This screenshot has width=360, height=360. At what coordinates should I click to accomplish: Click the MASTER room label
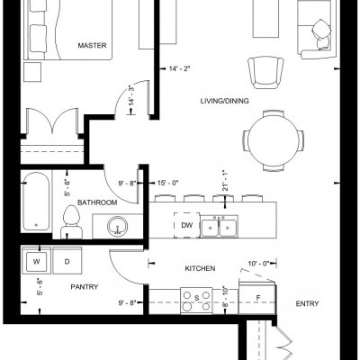click(92, 46)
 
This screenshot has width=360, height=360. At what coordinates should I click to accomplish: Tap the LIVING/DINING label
click(224, 101)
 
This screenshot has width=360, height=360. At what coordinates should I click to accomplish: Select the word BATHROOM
click(97, 202)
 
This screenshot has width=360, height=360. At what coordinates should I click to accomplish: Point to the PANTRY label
click(85, 287)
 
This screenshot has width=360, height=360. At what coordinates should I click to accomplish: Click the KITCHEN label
click(200, 268)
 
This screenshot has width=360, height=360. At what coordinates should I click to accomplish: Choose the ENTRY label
click(307, 304)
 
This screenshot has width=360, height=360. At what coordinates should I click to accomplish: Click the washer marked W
click(36, 260)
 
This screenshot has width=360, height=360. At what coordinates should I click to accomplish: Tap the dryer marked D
click(67, 260)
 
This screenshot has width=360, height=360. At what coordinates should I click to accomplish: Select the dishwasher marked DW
click(187, 225)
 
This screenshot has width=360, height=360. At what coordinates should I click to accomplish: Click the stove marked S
click(196, 301)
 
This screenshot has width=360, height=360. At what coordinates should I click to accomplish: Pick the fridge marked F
click(257, 298)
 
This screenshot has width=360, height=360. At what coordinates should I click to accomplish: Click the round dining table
click(273, 141)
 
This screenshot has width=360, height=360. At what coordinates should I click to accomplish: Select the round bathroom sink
click(118, 227)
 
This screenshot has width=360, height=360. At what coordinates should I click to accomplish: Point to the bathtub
click(36, 201)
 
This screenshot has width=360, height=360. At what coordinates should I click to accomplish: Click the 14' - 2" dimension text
click(179, 69)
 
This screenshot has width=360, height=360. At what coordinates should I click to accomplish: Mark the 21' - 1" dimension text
click(225, 181)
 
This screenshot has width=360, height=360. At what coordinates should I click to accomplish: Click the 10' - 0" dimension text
click(258, 264)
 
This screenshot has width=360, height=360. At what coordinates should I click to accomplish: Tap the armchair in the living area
click(266, 72)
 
